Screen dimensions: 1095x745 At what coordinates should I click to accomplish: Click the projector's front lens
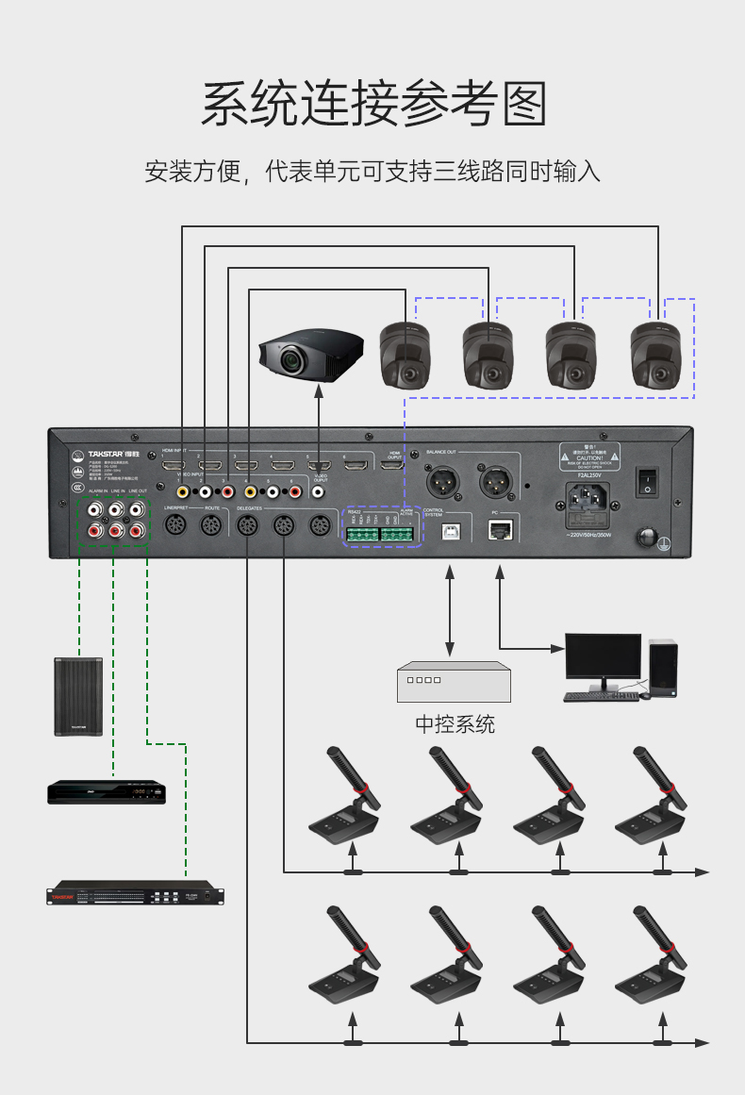click(x=290, y=358)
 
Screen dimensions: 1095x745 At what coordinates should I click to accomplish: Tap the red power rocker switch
click(x=648, y=481)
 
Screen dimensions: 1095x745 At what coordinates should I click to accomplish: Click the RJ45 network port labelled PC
click(x=499, y=531)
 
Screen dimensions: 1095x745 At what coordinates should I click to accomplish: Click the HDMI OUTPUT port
click(x=394, y=466)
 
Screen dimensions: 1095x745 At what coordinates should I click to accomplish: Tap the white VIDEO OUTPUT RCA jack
click(x=318, y=491)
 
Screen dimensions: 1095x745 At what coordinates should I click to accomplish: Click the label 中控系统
click(x=455, y=724)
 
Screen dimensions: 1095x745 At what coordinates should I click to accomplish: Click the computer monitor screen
click(x=603, y=655)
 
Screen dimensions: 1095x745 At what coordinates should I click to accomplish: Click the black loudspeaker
click(x=77, y=696)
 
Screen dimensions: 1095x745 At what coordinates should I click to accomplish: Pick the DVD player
click(x=107, y=790)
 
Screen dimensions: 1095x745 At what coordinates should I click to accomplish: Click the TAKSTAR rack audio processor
click(x=137, y=892)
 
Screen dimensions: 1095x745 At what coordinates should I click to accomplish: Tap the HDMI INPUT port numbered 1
click(x=174, y=466)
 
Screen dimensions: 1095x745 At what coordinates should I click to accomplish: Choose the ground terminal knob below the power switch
click(x=648, y=538)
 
